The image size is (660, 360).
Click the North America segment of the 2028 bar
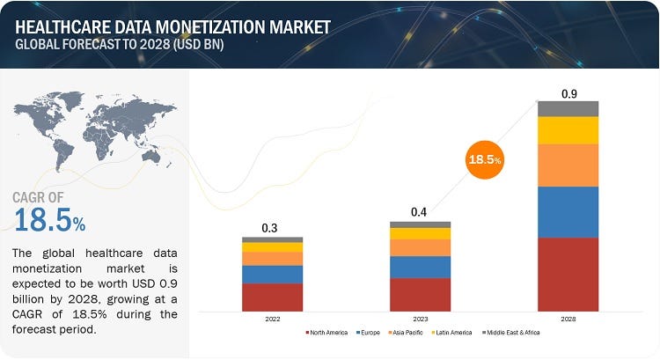pos(568,274)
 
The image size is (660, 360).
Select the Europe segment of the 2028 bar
pos(568,212)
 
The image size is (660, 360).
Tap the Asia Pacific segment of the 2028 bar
pos(568,165)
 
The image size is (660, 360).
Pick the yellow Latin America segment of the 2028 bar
pos(568,130)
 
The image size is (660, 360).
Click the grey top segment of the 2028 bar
pos(568,108)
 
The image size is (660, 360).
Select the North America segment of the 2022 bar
pos(273,297)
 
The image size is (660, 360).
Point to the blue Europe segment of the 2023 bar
pos(421,267)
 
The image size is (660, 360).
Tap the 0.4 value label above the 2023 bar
pos(421,212)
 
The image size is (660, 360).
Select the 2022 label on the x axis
pos(273,320)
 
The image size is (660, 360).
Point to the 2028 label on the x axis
pos(568,320)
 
